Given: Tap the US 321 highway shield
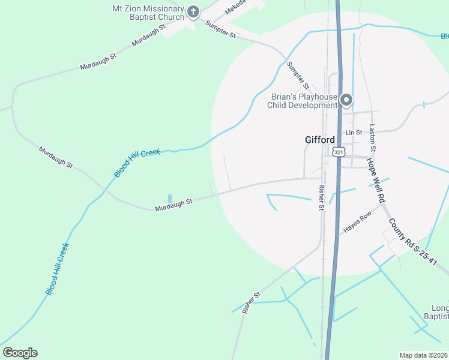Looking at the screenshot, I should tap(340, 152).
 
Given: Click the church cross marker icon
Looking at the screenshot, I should tap(193, 12).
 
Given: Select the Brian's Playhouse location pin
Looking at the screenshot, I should tap(346, 100).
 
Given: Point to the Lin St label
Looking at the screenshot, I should tap(354, 132).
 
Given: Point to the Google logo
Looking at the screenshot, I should tap(20, 353).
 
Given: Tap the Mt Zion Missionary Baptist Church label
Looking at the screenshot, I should tap(148, 13).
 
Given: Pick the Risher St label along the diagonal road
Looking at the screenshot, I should tap(252, 302).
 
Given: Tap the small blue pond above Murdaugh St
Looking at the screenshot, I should tap(170, 198).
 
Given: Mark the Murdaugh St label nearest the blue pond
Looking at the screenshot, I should tap(173, 205).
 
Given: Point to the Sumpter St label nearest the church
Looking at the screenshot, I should tap(221, 29).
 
